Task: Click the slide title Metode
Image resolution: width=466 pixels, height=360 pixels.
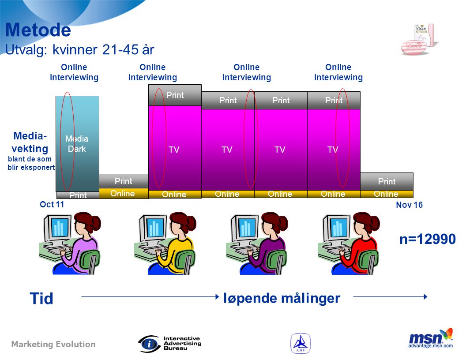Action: tap(38, 30)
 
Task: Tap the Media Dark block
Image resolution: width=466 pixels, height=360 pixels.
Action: tap(77, 144)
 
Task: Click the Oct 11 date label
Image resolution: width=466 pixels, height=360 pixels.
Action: tap(52, 204)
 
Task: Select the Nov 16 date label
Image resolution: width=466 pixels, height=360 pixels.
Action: tap(409, 205)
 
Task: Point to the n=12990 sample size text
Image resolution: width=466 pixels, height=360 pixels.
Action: tap(428, 239)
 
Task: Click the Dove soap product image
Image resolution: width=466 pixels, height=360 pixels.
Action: tap(419, 40)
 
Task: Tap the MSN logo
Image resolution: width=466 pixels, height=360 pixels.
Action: tap(431, 338)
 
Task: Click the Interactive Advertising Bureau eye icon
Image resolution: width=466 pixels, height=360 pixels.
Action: tap(149, 344)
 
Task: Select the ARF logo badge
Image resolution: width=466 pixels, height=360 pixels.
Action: tap(301, 343)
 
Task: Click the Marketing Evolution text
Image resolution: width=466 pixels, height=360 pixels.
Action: tap(53, 344)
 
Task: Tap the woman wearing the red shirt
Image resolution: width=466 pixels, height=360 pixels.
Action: tap(349, 243)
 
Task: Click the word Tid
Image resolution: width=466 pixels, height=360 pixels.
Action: tap(41, 299)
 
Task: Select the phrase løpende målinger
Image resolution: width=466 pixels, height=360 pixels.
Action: tap(282, 298)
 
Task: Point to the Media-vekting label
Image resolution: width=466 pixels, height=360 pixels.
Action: tap(30, 142)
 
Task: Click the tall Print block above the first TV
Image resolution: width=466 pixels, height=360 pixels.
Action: tap(175, 95)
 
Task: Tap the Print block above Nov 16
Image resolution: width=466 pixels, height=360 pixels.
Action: tap(387, 181)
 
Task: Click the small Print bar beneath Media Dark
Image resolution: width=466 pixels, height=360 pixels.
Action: tap(78, 195)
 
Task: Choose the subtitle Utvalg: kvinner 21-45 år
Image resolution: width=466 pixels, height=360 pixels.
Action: tap(79, 49)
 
